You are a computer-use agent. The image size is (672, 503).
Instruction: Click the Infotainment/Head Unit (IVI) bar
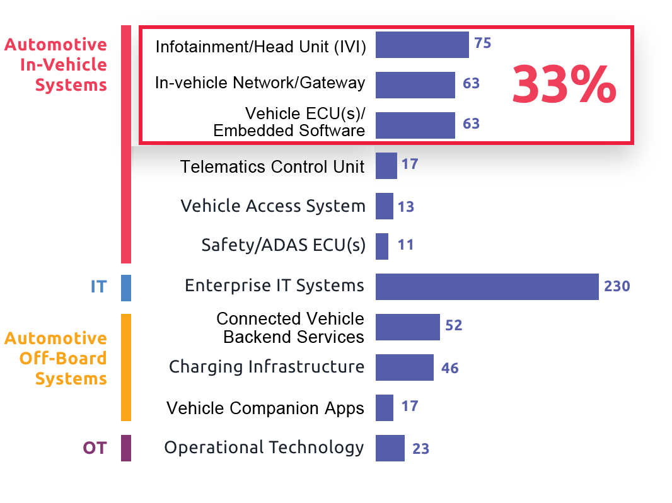pyautogui.click(x=422, y=45)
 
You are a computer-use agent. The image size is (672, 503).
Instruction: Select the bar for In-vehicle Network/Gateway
pyautogui.click(x=415, y=84)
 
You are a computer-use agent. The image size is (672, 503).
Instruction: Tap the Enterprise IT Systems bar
pyautogui.click(x=487, y=287)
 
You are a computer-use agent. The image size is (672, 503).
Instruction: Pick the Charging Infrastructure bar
pyautogui.click(x=404, y=367)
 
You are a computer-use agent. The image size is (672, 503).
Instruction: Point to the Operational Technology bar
pyautogui.click(x=390, y=448)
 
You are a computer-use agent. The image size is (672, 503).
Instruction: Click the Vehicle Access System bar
pyautogui.click(x=384, y=206)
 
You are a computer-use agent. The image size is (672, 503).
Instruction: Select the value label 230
pyautogui.click(x=617, y=287)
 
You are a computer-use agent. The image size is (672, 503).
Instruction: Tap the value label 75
pyautogui.click(x=482, y=43)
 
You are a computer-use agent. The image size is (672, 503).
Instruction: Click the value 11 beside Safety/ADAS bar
pyautogui.click(x=405, y=245)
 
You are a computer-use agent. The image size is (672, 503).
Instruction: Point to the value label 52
pyautogui.click(x=453, y=326)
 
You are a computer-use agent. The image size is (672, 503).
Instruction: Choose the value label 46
pyautogui.click(x=449, y=368)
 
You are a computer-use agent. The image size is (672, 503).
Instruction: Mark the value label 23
pyautogui.click(x=420, y=449)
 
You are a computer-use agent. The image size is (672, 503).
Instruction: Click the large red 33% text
pyautogui.click(x=564, y=85)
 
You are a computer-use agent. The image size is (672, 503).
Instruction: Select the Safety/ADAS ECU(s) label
pyautogui.click(x=283, y=245)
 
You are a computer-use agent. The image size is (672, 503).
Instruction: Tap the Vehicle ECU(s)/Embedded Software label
pyautogui.click(x=291, y=122)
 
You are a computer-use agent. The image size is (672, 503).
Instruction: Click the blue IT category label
pyautogui.click(x=98, y=287)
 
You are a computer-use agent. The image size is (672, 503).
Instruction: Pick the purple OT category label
pyautogui.click(x=95, y=448)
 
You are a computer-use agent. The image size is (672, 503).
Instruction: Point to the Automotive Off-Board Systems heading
pyautogui.click(x=57, y=358)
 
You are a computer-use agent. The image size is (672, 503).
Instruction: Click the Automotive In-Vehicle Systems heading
pyautogui.click(x=57, y=64)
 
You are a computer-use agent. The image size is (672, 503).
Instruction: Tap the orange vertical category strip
pyautogui.click(x=126, y=367)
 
